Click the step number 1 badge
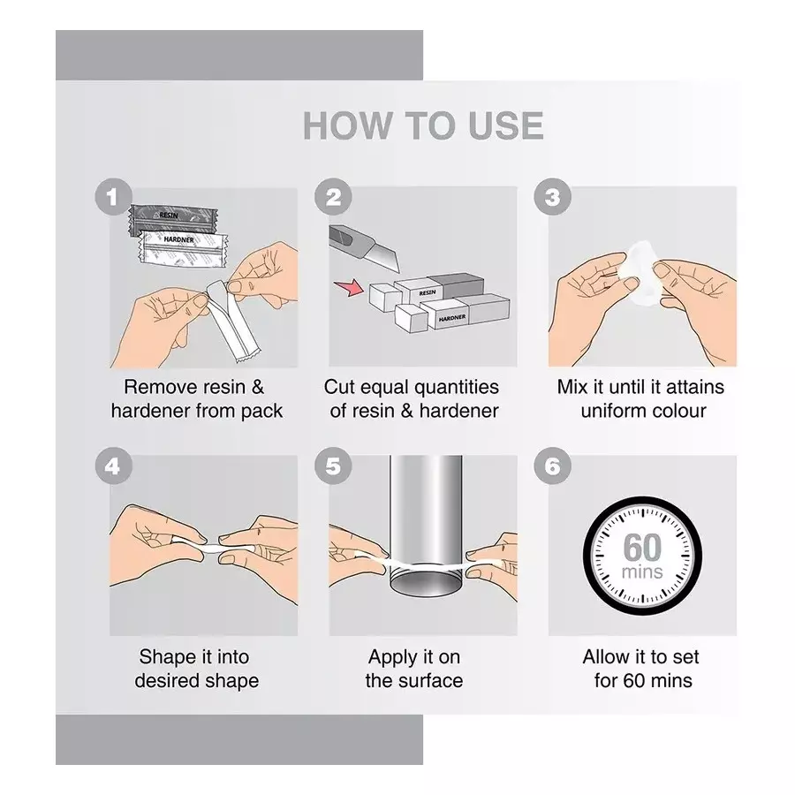[113, 197]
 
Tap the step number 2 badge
[333, 197]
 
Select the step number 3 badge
[552, 197]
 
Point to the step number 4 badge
[113, 466]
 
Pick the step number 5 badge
[333, 466]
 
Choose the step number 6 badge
[552, 466]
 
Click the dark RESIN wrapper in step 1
[170, 219]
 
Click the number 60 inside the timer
[642, 548]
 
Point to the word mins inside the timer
[642, 572]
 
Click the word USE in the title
[506, 125]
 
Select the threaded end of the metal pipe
[427, 581]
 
